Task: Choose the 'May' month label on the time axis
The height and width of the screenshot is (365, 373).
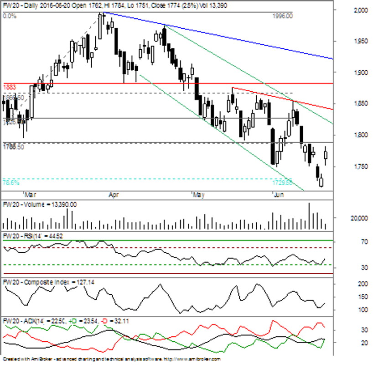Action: (x=198, y=194)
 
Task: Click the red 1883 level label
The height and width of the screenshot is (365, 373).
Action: (x=10, y=86)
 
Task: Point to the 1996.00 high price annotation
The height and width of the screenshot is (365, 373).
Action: (x=283, y=16)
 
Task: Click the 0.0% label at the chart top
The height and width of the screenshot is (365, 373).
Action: (x=10, y=16)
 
